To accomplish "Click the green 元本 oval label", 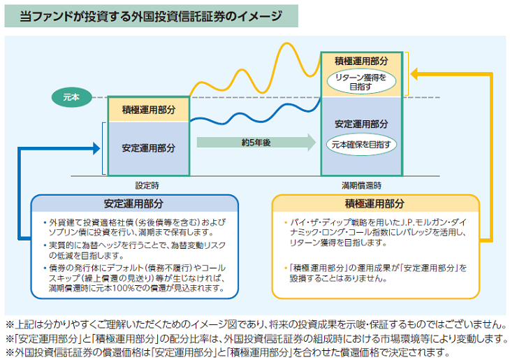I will click(x=71, y=97).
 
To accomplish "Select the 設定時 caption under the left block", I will click(x=147, y=186).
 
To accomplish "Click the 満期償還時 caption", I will click(x=361, y=186).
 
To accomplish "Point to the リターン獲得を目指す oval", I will click(x=360, y=82).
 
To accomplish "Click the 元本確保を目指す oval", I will click(x=361, y=145).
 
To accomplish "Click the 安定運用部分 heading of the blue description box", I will click(x=133, y=204).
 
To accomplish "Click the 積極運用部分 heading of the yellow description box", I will click(x=374, y=204).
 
